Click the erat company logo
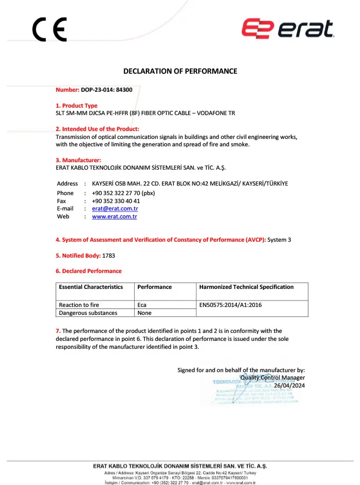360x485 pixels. point(288,29)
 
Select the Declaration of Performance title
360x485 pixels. point(180,71)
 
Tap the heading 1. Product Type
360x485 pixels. point(77,105)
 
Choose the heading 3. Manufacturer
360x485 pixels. point(78,160)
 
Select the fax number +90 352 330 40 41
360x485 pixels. point(116,201)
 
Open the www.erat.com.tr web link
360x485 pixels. point(115,216)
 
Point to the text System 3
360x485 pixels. point(279,240)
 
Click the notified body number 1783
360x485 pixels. point(109,255)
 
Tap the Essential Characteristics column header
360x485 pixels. point(91,287)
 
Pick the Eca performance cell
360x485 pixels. point(142,305)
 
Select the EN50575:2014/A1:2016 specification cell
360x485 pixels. point(230,305)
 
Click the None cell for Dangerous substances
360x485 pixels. point(144,313)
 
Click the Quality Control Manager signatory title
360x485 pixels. point(273,377)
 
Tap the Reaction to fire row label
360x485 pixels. point(79,305)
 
